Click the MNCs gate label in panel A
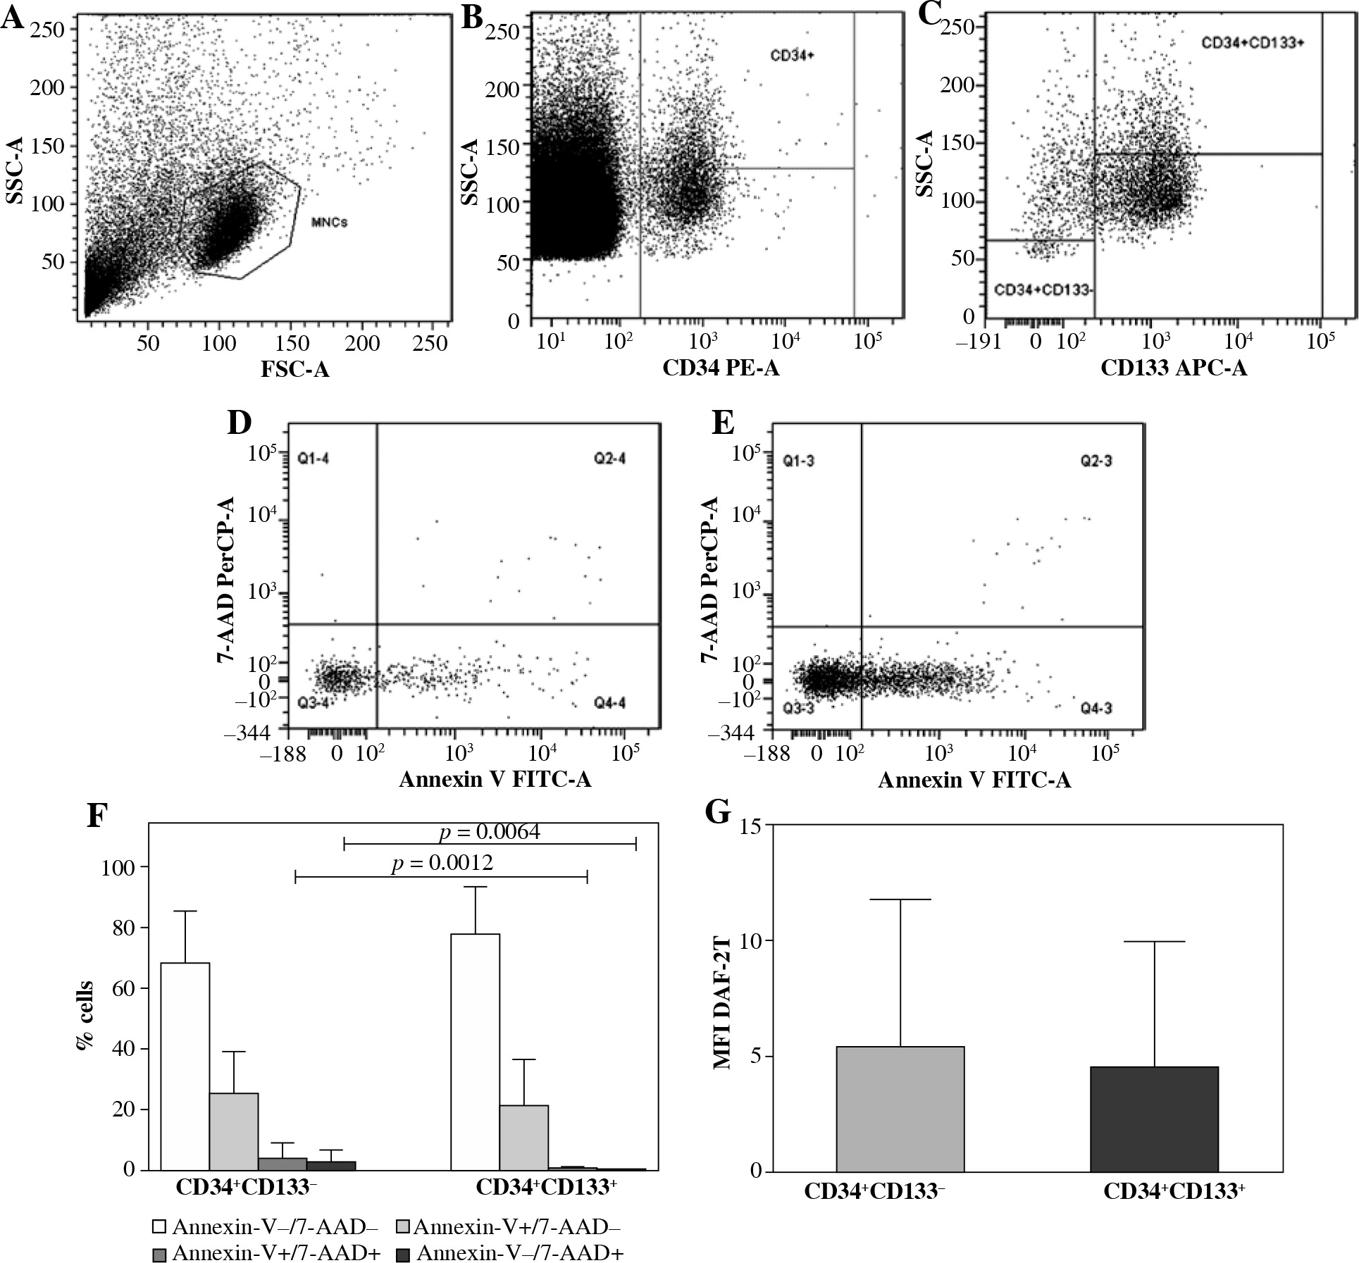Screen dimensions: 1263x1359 pyautogui.click(x=329, y=223)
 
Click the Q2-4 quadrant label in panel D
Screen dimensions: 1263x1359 pyautogui.click(x=609, y=459)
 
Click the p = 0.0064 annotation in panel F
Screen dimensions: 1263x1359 pyautogui.click(x=490, y=833)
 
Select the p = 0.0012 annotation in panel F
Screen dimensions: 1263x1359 pyautogui.click(x=442, y=862)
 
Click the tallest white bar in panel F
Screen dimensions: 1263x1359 pyautogui.click(x=476, y=1052)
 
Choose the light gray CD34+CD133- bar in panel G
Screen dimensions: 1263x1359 pyautogui.click(x=900, y=1109)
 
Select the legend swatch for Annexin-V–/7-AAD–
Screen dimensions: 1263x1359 pyautogui.click(x=160, y=1227)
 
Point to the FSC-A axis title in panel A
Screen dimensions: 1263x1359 pyautogui.click(x=294, y=369)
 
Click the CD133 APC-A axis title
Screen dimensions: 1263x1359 pyautogui.click(x=1173, y=368)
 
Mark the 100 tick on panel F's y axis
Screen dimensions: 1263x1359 pyautogui.click(x=118, y=867)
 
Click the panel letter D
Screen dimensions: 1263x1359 pyautogui.click(x=240, y=423)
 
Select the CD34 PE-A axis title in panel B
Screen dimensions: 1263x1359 pyautogui.click(x=721, y=368)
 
